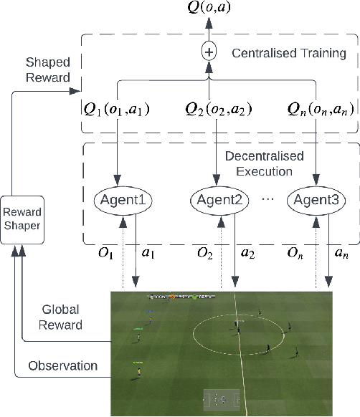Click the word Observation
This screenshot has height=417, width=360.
tap(63, 365)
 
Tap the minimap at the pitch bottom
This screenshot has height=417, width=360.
tap(224, 398)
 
